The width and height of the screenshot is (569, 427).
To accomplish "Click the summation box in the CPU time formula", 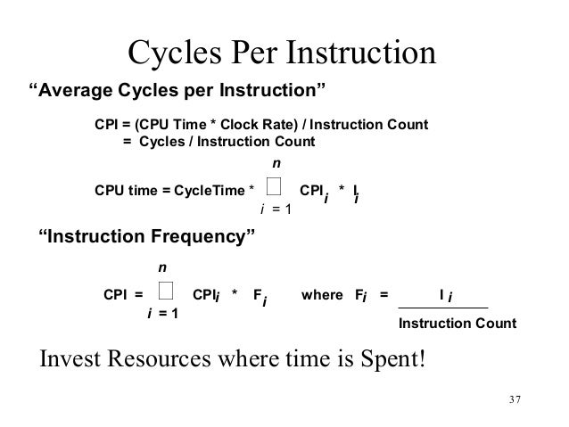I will [274, 185].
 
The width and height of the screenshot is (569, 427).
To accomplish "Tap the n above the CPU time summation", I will [276, 163].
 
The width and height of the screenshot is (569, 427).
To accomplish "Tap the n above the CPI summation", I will [162, 267].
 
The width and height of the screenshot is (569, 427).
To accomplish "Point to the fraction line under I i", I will [443, 308].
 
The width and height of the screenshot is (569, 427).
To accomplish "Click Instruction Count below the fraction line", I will [457, 323].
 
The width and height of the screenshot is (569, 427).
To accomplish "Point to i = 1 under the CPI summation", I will [161, 313].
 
